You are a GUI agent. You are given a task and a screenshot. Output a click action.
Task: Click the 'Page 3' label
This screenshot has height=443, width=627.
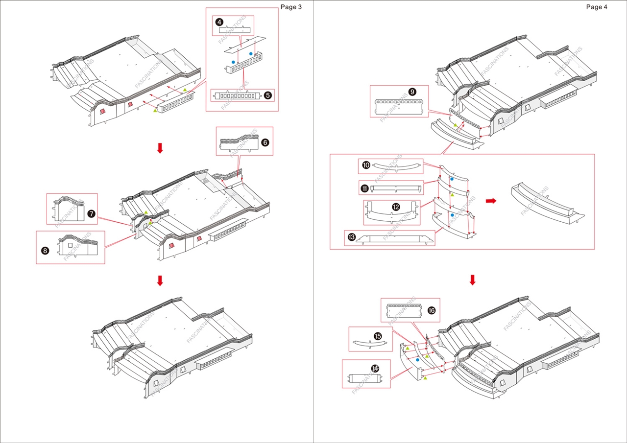click(x=291, y=7)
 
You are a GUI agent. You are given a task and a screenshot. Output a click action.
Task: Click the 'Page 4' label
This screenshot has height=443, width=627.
click(x=597, y=7)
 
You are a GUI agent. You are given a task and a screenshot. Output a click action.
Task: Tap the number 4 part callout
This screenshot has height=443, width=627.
click(x=219, y=22)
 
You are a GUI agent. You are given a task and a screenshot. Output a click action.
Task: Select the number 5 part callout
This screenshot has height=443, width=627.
click(x=267, y=95)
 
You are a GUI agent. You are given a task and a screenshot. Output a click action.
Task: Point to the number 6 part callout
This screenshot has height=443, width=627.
click(x=265, y=142)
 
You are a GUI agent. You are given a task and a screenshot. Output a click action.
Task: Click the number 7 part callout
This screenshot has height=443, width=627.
click(x=91, y=214)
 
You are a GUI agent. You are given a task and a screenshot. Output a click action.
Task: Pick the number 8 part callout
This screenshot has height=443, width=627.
click(x=46, y=250)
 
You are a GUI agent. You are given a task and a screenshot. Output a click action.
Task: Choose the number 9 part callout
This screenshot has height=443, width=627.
click(x=412, y=92)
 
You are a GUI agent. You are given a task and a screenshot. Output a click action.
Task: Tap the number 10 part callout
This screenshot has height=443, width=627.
click(x=366, y=165)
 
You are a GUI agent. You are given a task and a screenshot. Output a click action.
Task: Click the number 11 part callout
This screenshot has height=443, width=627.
click(x=365, y=188)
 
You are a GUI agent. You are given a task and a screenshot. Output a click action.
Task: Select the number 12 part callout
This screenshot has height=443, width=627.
click(x=396, y=207)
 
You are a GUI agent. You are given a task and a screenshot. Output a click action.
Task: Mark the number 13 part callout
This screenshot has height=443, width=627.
click(x=351, y=237)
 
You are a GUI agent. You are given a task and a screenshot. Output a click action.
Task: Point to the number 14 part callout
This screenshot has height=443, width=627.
click(x=375, y=368)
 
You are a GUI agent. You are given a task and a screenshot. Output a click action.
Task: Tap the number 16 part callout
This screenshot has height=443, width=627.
click(x=431, y=310)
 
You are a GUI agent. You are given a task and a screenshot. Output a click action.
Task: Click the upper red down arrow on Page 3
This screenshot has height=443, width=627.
click(x=159, y=148)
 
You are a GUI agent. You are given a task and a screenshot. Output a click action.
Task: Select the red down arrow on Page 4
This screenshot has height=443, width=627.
click(x=472, y=280)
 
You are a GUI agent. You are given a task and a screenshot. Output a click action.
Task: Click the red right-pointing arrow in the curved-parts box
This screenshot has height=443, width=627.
click(x=490, y=201)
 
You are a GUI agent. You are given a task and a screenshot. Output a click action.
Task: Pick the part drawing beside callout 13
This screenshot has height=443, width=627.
click(x=395, y=238)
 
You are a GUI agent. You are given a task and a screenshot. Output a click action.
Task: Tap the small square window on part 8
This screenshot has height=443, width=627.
click(x=70, y=245)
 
